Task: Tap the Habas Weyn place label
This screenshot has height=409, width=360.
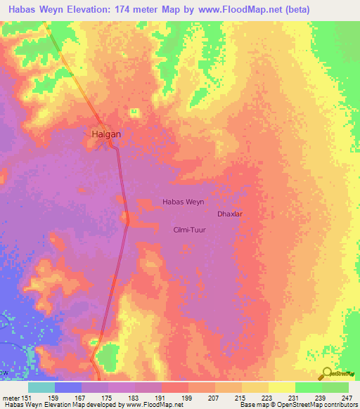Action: pos(184,202)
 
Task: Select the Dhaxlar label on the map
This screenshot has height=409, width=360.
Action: pos(230,213)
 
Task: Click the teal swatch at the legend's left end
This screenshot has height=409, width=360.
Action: pos(41,387)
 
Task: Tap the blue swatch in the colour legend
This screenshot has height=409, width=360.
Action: pos(68,387)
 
